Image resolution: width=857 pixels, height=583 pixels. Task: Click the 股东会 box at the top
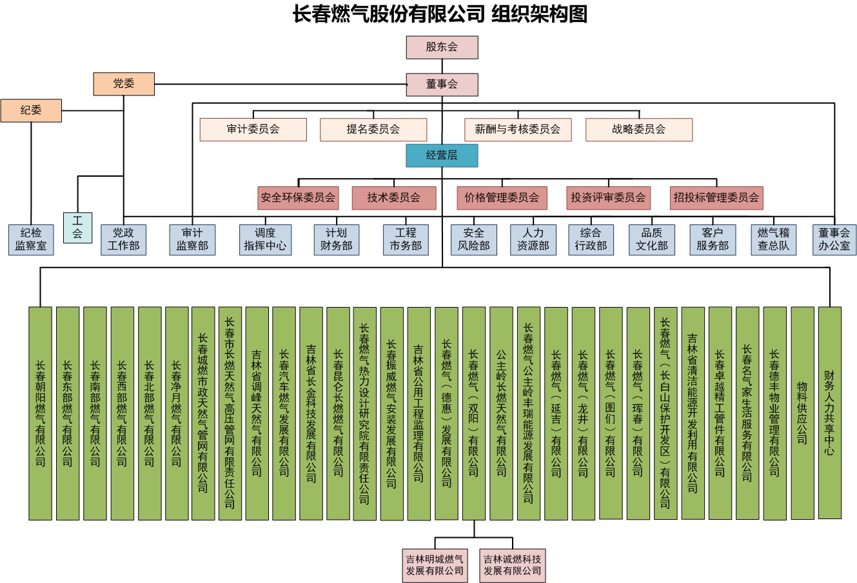pos(442,47)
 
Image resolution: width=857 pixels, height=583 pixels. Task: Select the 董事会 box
pos(442,84)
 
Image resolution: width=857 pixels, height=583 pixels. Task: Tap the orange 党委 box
pos(124,84)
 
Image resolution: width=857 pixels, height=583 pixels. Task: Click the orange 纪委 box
pos(31,111)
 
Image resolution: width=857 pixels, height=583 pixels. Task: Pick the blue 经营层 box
pos(442,155)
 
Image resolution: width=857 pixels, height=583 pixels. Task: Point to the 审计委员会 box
pos(253,129)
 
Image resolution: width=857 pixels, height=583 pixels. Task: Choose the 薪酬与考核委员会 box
pos(518,129)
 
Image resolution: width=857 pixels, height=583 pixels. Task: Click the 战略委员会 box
pos(638,129)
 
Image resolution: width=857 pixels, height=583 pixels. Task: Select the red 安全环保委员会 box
pos(299,198)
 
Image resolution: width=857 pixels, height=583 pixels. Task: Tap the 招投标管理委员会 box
pos(716,198)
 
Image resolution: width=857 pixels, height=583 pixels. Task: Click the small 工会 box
pos(77,227)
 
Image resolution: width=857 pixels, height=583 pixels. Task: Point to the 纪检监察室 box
pos(31,239)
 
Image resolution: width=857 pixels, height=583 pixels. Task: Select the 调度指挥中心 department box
pos(265,239)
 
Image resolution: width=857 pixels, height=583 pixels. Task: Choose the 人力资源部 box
pos(533,239)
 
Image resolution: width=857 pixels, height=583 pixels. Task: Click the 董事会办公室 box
pos(834,239)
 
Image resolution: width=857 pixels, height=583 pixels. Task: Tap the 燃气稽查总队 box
pos(773,239)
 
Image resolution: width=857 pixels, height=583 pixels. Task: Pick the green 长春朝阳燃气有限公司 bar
pos(40,413)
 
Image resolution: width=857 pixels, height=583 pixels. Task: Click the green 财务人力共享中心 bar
pos(829,413)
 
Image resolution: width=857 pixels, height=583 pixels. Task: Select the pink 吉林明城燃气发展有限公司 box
pos(435,565)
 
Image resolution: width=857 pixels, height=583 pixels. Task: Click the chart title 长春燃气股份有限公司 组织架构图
pos(440,14)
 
